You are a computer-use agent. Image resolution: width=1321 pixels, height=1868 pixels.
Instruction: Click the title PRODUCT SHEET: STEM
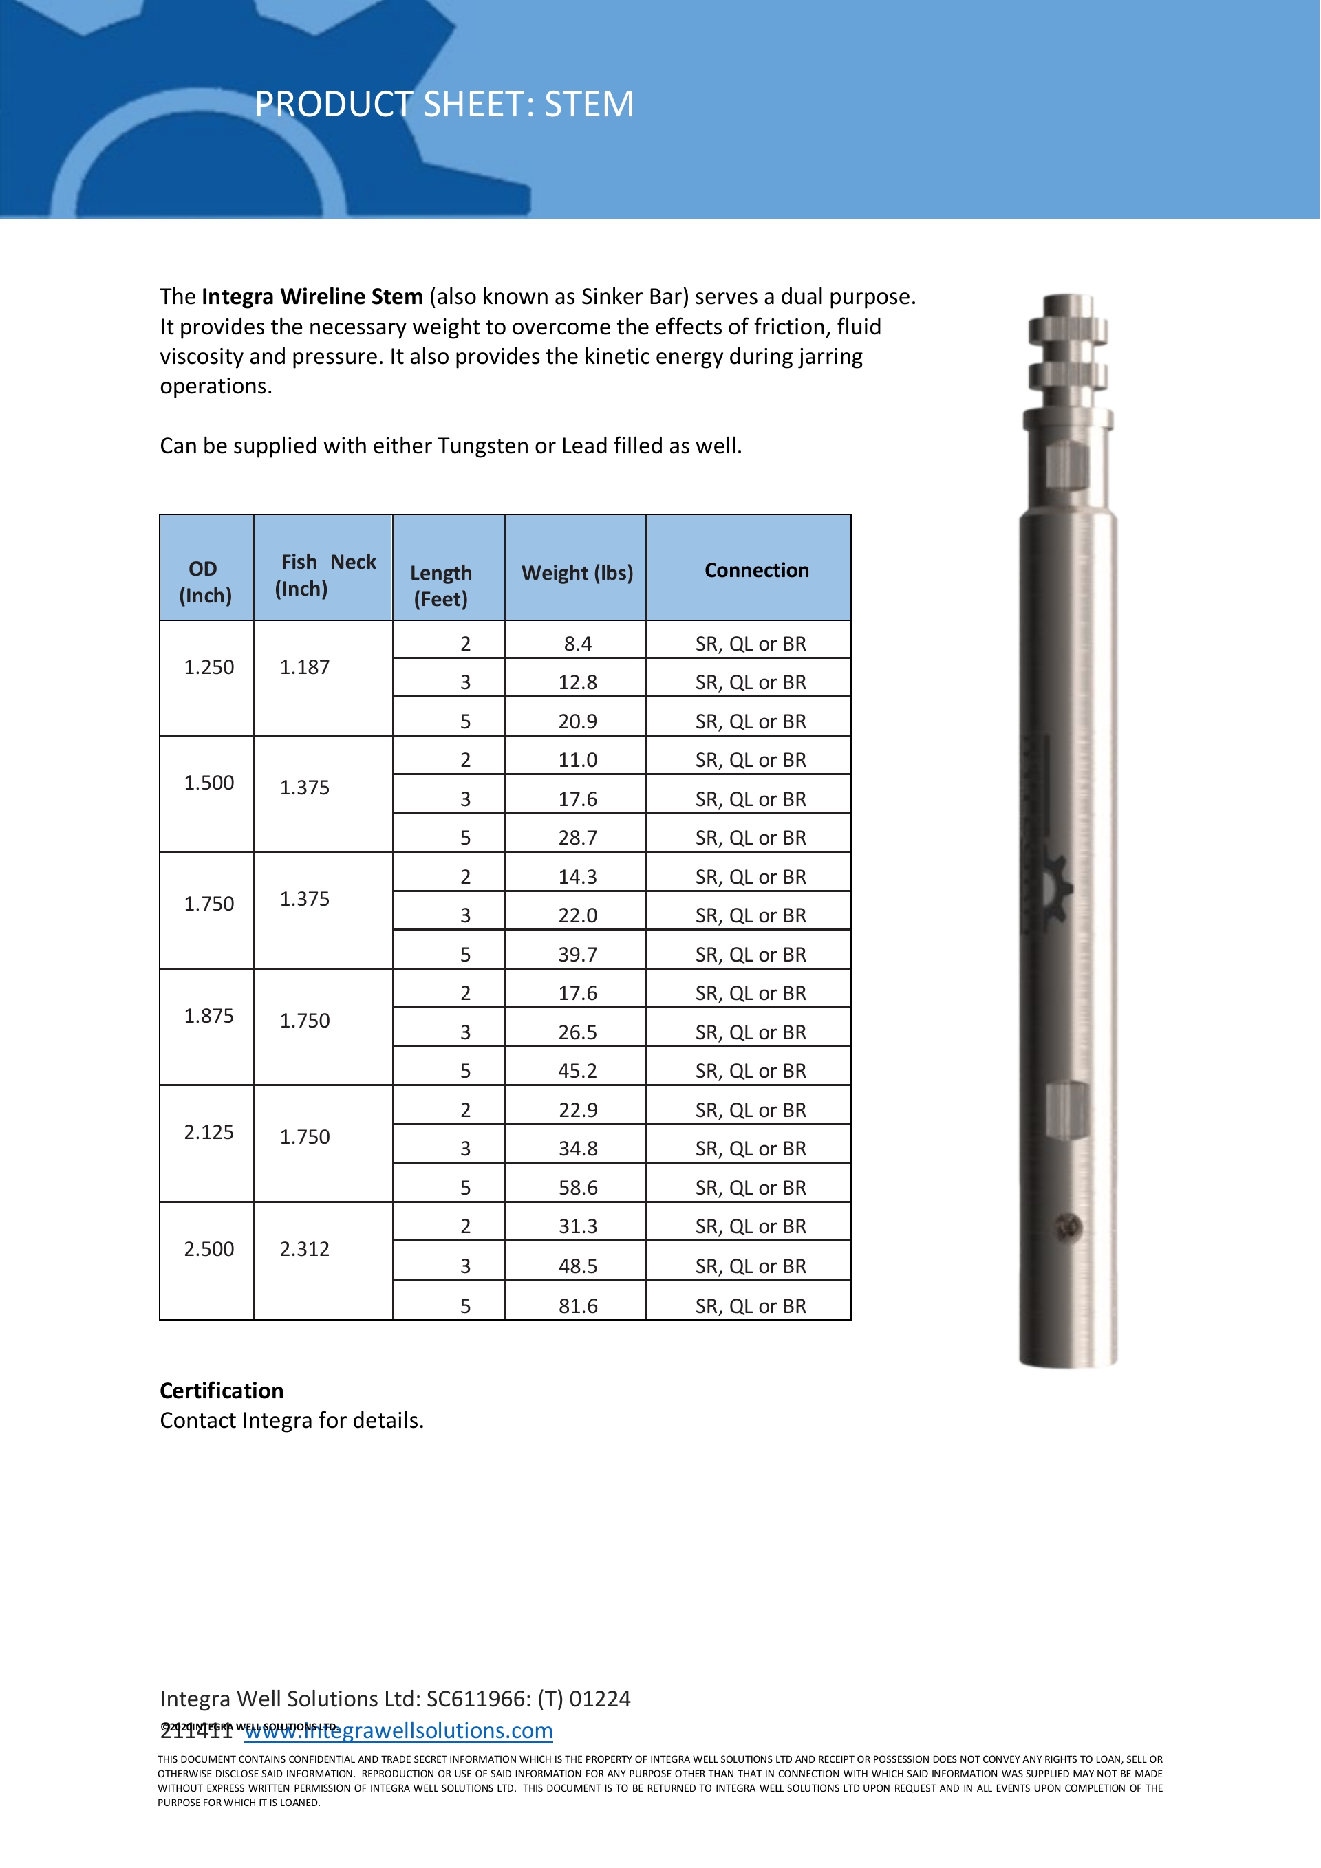point(444,104)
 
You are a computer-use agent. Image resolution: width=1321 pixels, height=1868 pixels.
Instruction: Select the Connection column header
point(756,570)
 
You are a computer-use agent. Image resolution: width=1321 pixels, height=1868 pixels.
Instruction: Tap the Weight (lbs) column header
point(577,573)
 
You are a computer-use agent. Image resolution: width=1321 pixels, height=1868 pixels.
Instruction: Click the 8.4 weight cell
point(577,644)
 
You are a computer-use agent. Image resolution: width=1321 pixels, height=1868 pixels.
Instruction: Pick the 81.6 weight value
point(577,1306)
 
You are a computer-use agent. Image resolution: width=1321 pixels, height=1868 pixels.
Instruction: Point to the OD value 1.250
point(208,667)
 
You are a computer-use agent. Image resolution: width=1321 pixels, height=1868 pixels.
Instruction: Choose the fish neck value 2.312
point(304,1249)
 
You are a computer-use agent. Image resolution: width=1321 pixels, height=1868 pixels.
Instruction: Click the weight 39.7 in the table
point(577,955)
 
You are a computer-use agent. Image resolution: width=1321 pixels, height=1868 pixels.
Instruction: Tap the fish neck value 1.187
point(304,667)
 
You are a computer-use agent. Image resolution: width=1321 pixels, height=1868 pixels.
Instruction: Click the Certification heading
point(222,1391)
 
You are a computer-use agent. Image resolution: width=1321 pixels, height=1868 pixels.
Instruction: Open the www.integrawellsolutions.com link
point(399,1730)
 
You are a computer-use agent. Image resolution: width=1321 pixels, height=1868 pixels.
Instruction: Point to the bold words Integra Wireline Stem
point(312,296)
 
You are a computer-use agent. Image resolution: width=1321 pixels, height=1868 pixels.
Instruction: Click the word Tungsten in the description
point(483,446)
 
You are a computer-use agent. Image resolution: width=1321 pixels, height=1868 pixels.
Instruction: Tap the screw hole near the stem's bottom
point(1068,1226)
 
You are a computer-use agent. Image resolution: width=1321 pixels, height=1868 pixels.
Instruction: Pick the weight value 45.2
point(577,1071)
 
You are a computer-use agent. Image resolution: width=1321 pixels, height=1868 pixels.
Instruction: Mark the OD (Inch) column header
point(205,582)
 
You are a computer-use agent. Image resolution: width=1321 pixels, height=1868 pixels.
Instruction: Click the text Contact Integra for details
point(292,1420)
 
